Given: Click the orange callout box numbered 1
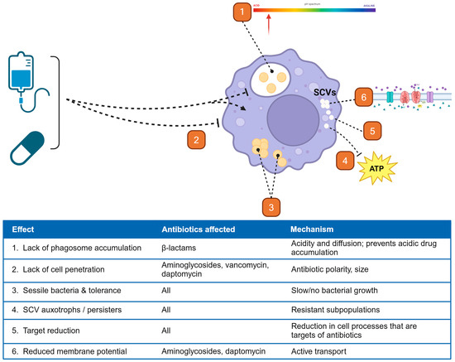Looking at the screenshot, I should [241, 12].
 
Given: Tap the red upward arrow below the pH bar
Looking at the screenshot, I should [269, 26].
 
